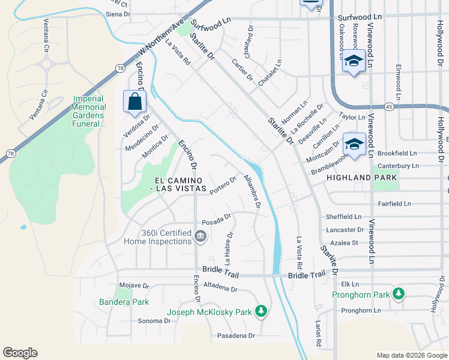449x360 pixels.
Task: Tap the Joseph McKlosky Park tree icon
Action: coord(260,311)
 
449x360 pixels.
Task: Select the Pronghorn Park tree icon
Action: coord(398,294)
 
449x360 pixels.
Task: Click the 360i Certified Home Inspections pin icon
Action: coord(201,236)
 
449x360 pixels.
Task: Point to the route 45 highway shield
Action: coord(389,107)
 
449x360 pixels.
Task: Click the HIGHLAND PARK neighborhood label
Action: coord(361,178)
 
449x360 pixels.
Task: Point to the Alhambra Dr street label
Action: coord(251,191)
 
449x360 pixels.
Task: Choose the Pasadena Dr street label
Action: coord(236,335)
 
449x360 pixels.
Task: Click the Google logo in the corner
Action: coord(20,353)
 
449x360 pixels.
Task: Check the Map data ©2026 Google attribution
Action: coord(411,355)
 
